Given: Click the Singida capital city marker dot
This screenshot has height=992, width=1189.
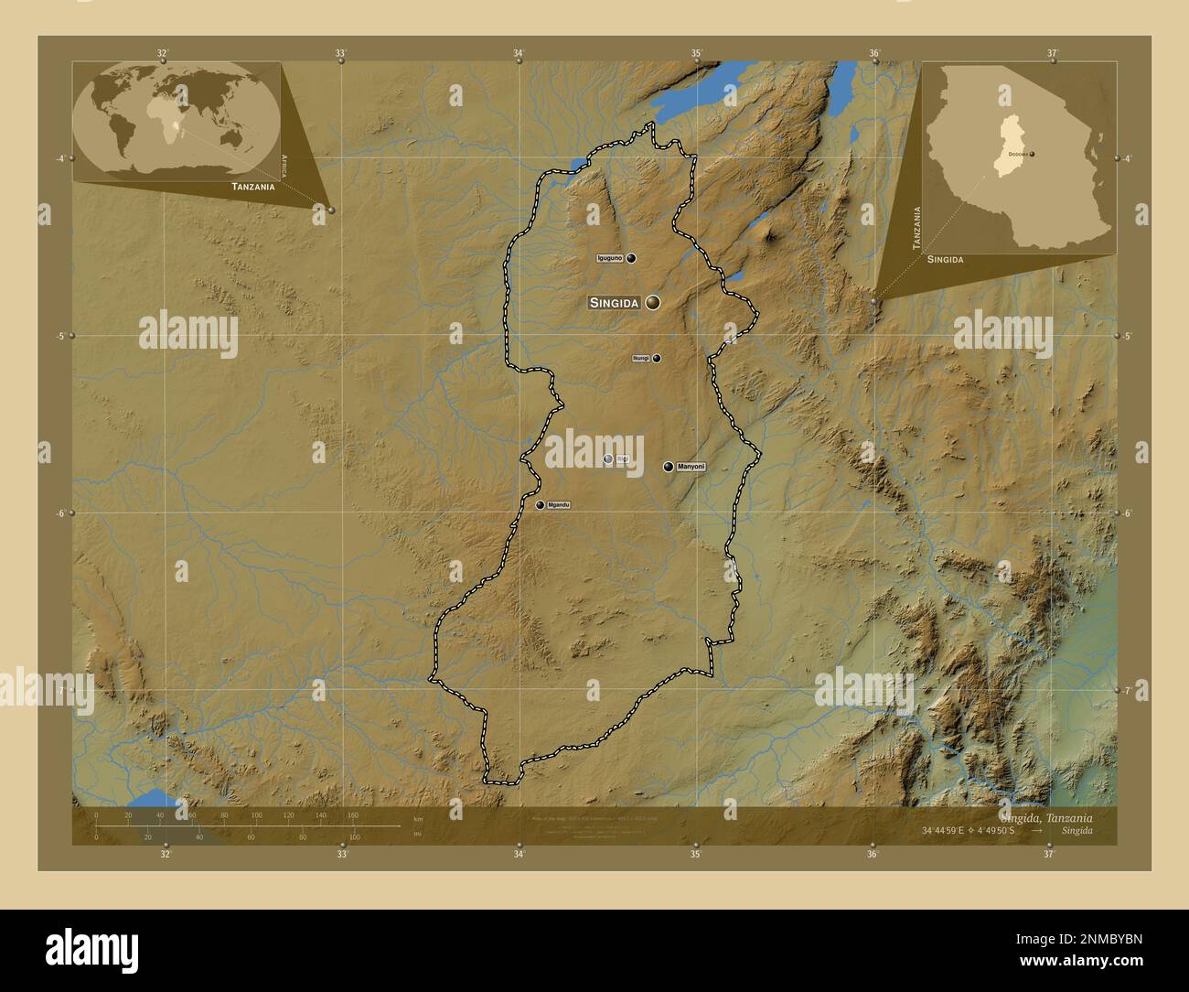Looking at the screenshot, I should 653,302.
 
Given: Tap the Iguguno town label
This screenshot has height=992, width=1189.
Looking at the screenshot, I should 609,258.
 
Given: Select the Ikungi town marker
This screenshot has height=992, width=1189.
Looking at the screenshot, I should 657,359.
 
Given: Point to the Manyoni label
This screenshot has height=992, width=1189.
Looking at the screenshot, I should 692,467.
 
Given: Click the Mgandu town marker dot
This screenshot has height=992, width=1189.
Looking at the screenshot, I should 540,505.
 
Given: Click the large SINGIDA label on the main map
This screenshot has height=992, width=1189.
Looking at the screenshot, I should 614,303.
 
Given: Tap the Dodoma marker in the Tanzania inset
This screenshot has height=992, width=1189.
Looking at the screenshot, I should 1031,155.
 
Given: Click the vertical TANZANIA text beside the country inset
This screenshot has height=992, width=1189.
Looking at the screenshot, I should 915,226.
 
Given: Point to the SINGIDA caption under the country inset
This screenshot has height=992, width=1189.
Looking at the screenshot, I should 945,260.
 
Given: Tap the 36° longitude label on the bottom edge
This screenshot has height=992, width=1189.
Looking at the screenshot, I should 873,855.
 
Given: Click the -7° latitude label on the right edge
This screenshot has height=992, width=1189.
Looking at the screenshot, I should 1128,690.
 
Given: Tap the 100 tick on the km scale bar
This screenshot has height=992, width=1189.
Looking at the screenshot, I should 256,814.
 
